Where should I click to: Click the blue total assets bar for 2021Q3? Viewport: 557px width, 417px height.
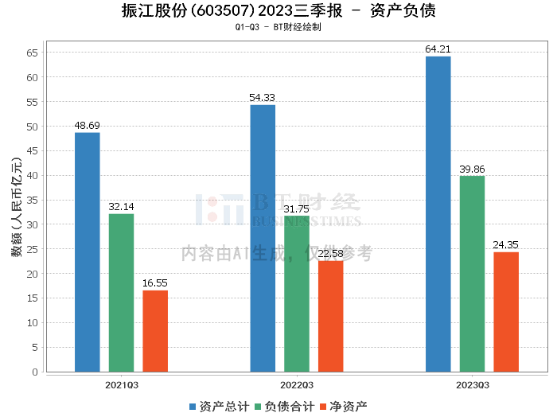coord(88,252)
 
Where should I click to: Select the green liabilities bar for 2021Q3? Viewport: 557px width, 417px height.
coord(122,293)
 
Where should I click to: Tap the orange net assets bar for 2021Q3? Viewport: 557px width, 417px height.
coord(155,331)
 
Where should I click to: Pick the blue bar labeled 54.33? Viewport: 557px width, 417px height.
coord(263,238)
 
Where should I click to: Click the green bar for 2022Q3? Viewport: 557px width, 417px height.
coord(297,294)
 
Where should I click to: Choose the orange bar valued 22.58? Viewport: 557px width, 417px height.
coord(330,316)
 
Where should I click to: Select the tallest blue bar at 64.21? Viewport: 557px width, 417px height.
coord(438,214)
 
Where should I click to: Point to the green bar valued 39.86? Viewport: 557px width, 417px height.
coord(472,274)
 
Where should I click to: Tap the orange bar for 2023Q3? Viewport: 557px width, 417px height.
coord(506,312)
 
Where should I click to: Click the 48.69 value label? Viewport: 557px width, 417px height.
coord(88,126)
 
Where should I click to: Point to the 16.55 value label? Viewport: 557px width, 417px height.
coord(155,283)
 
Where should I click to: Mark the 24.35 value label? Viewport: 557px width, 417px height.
coord(506,245)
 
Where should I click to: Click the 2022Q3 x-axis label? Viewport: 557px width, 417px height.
coord(296,384)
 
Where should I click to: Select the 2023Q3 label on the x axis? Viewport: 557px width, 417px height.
coord(472,384)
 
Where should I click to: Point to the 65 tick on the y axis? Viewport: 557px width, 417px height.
coord(33,53)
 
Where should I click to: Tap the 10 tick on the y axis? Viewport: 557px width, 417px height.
coord(33,323)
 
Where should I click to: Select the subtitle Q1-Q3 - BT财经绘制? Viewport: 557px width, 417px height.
coord(278,27)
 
